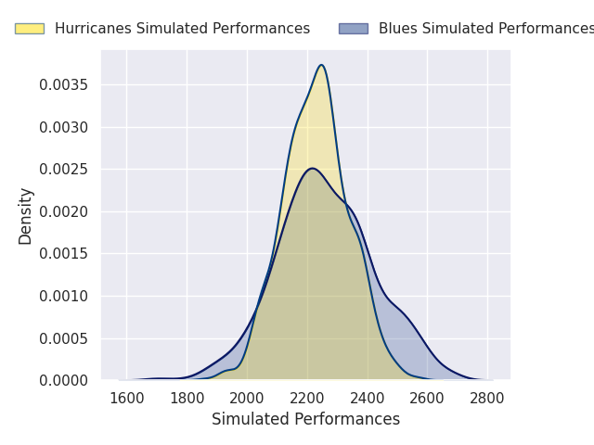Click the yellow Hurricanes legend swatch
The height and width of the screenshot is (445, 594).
tap(30, 29)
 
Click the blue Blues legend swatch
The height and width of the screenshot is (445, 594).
tap(354, 29)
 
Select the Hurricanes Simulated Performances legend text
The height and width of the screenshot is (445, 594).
tap(182, 29)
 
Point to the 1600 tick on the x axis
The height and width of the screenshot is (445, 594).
tap(127, 399)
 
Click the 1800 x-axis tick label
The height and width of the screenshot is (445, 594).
tap(187, 399)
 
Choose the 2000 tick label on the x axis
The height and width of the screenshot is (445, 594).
tap(247, 399)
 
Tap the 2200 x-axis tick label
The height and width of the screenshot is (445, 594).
tap(307, 399)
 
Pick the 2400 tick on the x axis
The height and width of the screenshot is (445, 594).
tap(368, 399)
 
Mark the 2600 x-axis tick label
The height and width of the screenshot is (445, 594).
tap(427, 399)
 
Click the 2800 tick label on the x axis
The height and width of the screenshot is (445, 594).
tap(487, 399)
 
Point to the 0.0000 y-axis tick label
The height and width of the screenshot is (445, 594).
tap(64, 380)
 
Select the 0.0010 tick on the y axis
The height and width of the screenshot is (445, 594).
tap(64, 296)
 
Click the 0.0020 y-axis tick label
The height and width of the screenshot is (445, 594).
tap(64, 211)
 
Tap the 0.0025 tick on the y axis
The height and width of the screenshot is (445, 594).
tap(64, 169)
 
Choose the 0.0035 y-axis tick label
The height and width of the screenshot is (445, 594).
tap(64, 84)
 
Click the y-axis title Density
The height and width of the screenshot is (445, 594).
tap(26, 215)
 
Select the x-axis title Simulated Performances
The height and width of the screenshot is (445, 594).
tap(305, 419)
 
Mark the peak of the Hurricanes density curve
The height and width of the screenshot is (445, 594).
tap(321, 65)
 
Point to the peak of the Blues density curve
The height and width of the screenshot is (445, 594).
tap(313, 168)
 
